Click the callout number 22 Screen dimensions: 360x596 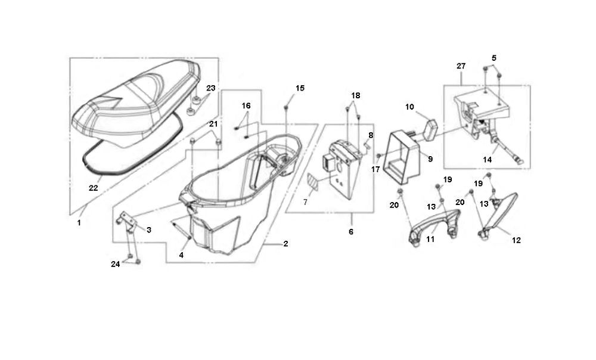point(93,188)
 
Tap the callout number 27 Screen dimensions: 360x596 point(461,66)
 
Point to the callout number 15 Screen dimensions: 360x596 point(300,88)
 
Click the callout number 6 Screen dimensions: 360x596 point(350,231)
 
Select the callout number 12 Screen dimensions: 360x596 point(516,240)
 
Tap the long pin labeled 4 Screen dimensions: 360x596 point(180,232)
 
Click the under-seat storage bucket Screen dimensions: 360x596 point(232,191)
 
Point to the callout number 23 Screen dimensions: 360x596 point(210,88)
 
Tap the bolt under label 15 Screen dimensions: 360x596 point(287,107)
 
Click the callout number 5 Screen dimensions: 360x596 point(493,58)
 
